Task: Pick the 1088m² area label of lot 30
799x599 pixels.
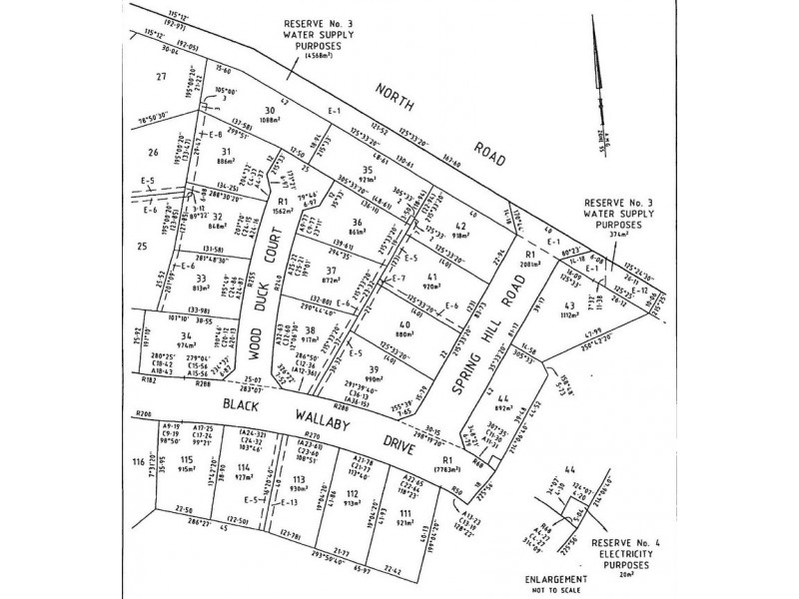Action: [270, 122]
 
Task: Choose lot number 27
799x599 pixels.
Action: [160, 77]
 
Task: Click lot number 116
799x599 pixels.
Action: [137, 462]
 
